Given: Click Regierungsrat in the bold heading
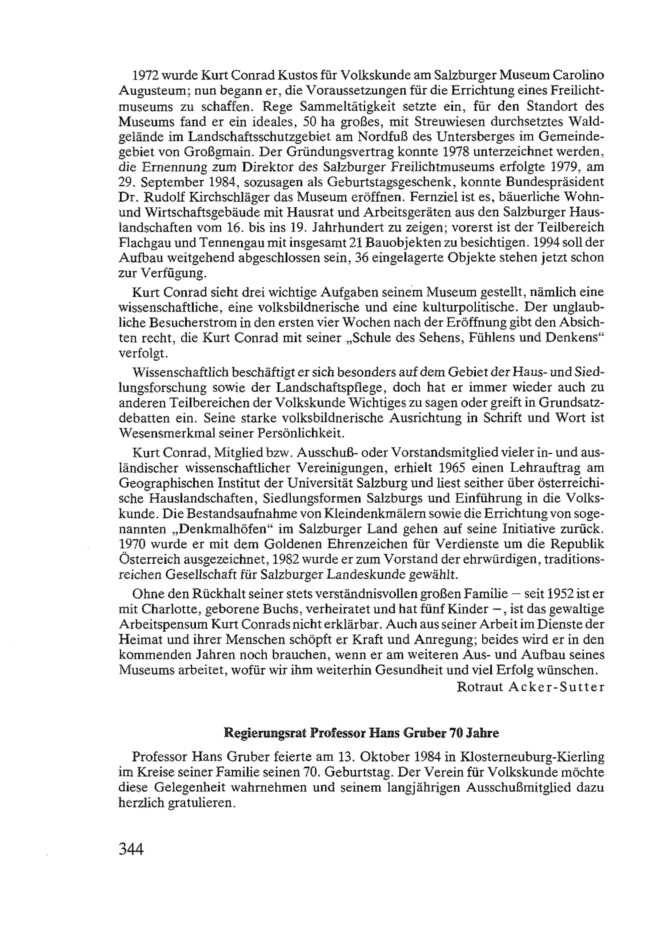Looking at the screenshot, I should click(x=265, y=733).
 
